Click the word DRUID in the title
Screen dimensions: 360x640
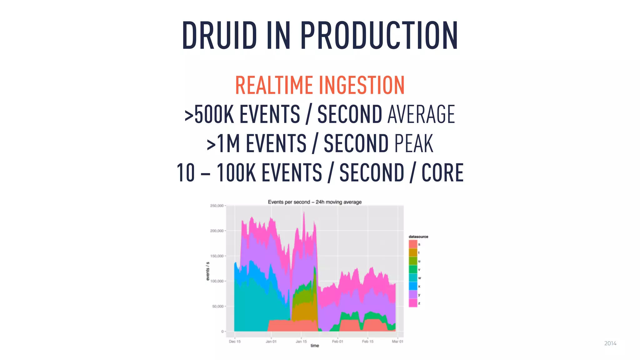pos(219,35)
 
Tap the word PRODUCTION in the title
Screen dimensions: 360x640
pos(379,35)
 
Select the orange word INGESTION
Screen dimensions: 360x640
pos(362,85)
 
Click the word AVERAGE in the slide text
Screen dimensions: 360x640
pos(421,114)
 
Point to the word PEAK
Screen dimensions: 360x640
pos(414,143)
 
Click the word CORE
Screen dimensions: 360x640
pos(442,172)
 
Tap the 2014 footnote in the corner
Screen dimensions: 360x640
pos(610,343)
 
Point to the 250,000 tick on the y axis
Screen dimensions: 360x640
pos(217,206)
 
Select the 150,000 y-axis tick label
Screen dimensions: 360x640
pos(217,256)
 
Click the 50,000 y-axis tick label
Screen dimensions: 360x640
pos(218,306)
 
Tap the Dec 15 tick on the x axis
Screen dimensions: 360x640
pos(235,342)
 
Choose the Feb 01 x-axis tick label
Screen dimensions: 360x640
pos(337,342)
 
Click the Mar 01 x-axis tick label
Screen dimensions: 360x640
pos(397,342)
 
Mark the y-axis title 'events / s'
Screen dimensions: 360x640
pos(208,271)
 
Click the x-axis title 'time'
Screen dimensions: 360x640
pos(315,346)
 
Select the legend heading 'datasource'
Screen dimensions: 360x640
pos(418,237)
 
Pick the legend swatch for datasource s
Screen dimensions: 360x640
pos(413,244)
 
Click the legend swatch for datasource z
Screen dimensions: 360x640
pos(413,303)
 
